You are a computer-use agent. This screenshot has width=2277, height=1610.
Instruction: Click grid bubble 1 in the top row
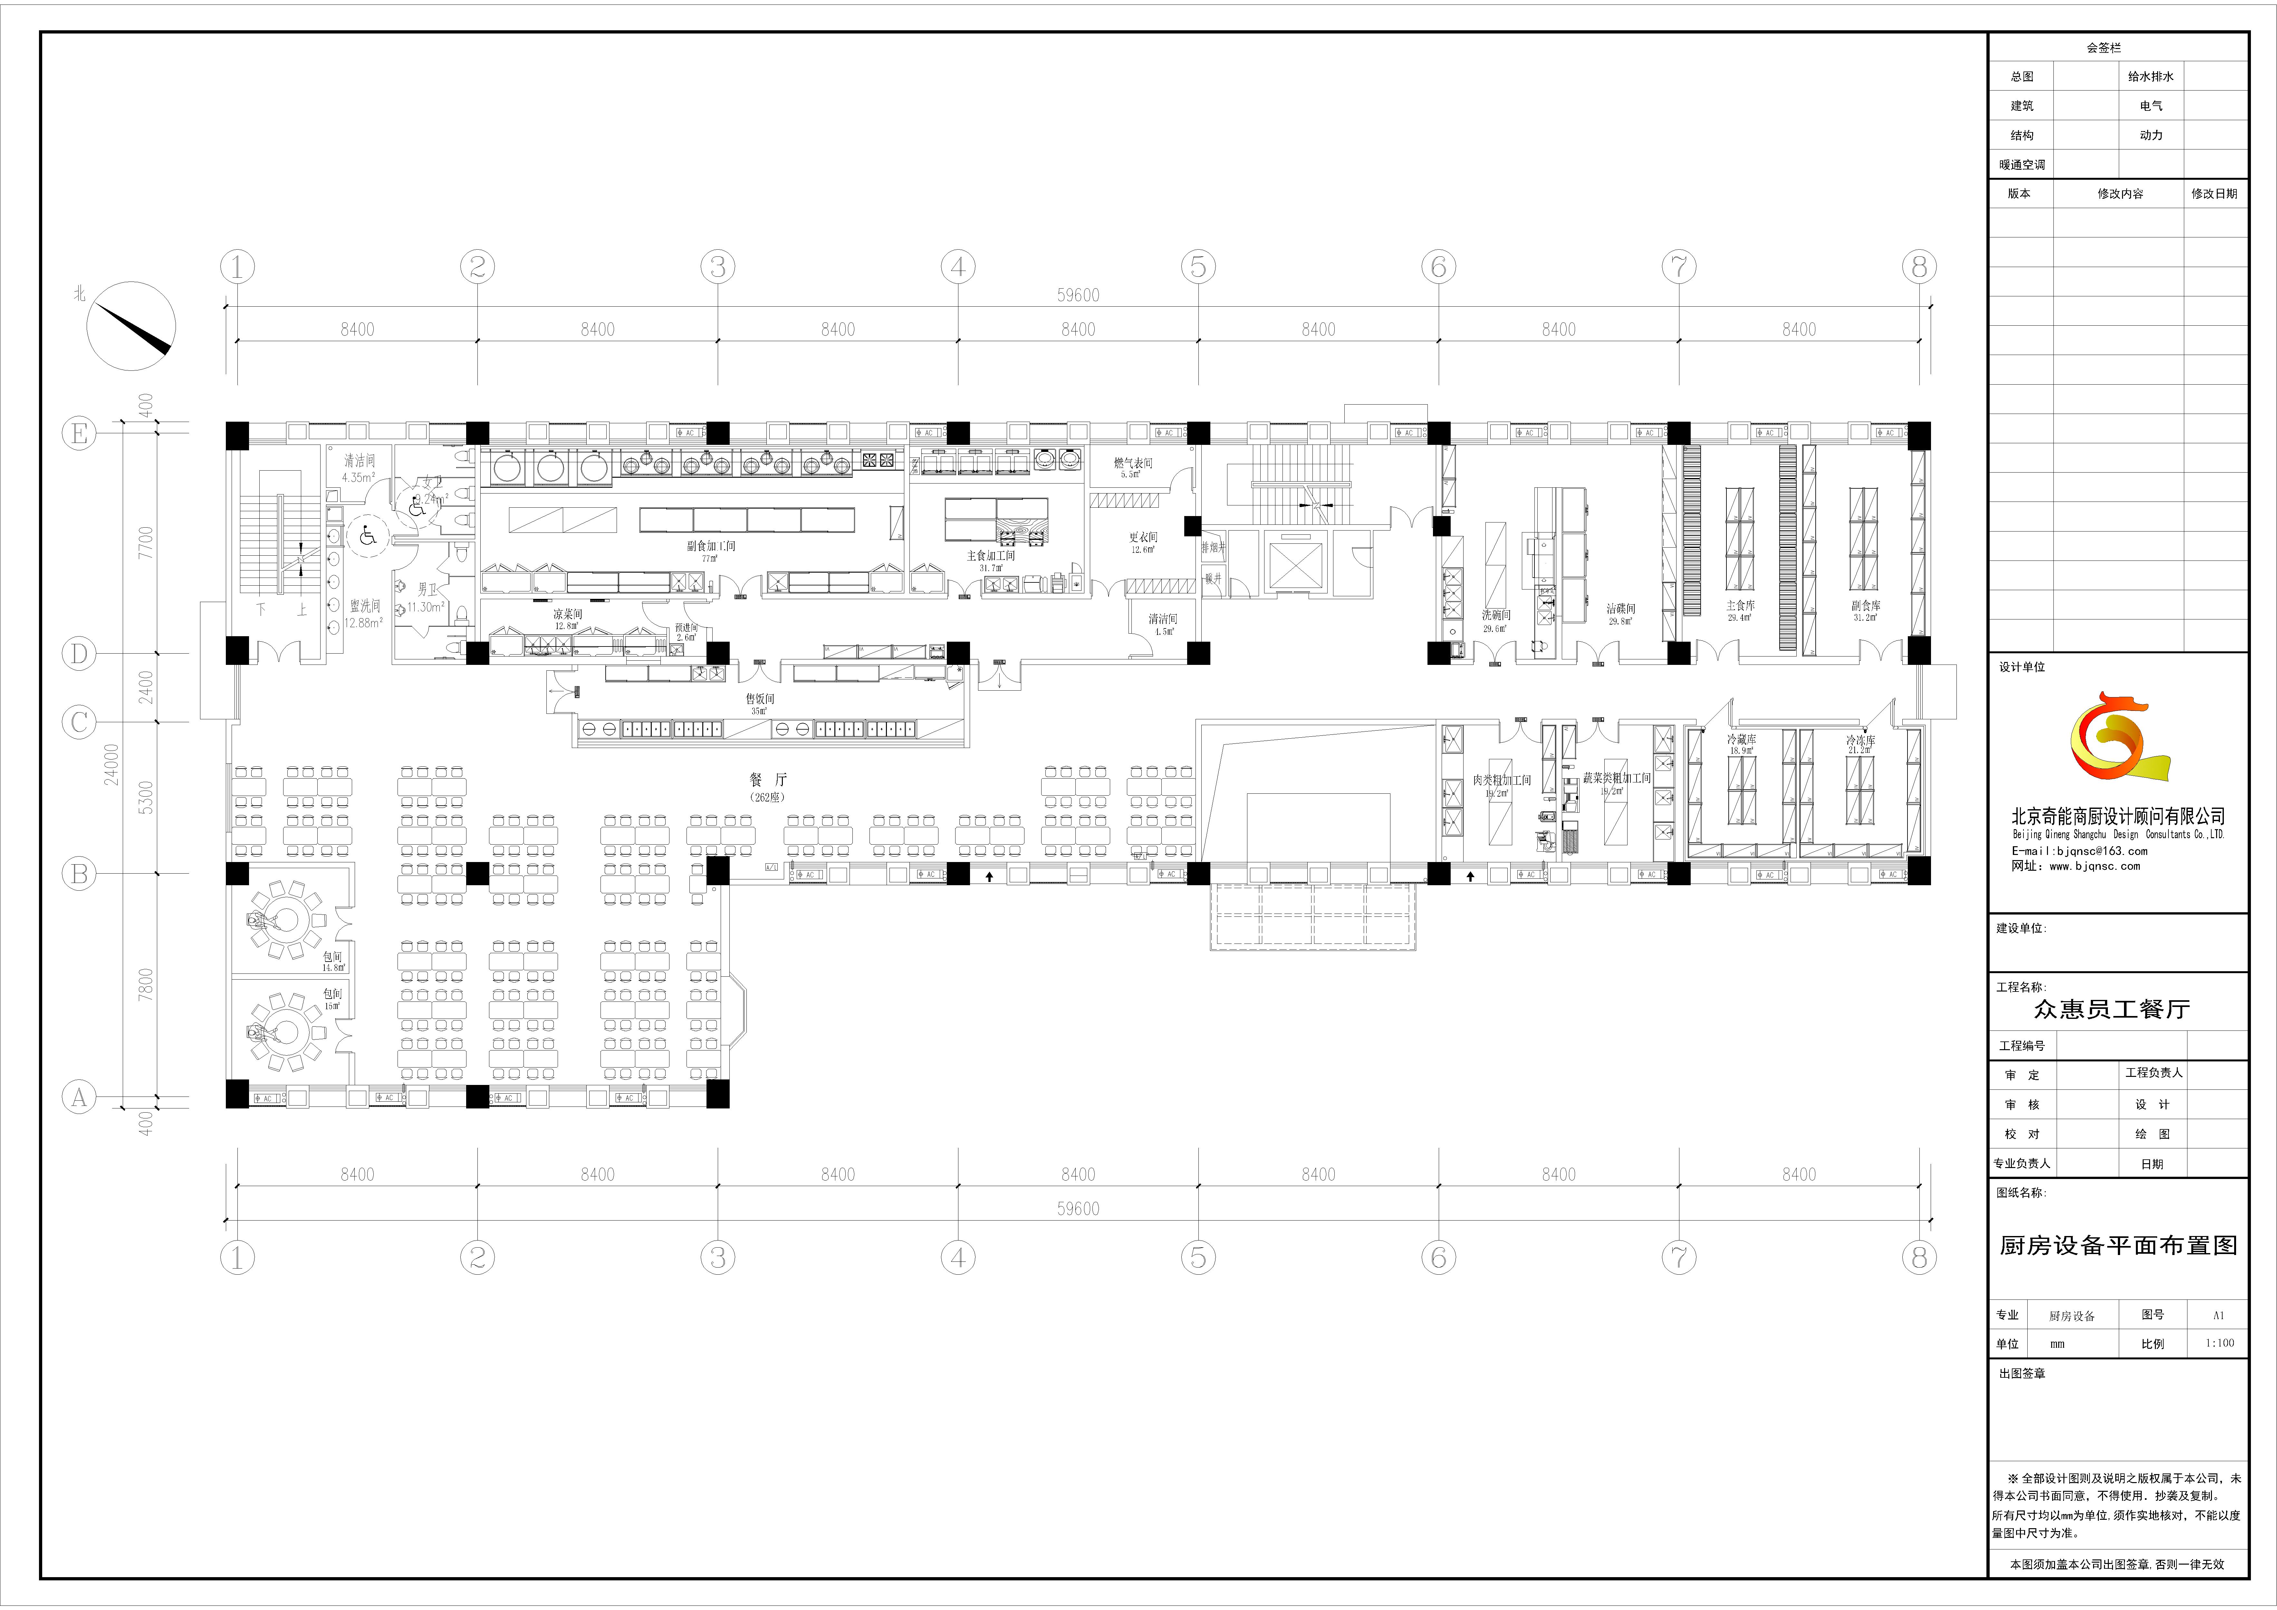click(x=237, y=267)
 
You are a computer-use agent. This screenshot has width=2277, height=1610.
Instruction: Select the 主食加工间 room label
click(x=991, y=556)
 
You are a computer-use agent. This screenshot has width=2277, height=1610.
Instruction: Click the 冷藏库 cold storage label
click(x=1741, y=740)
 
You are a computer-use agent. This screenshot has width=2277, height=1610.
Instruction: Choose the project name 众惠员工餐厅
click(x=2111, y=1009)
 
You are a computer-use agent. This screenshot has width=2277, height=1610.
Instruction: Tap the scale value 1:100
click(x=2219, y=1343)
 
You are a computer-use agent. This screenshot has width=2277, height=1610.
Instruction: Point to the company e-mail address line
click(x=2079, y=851)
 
